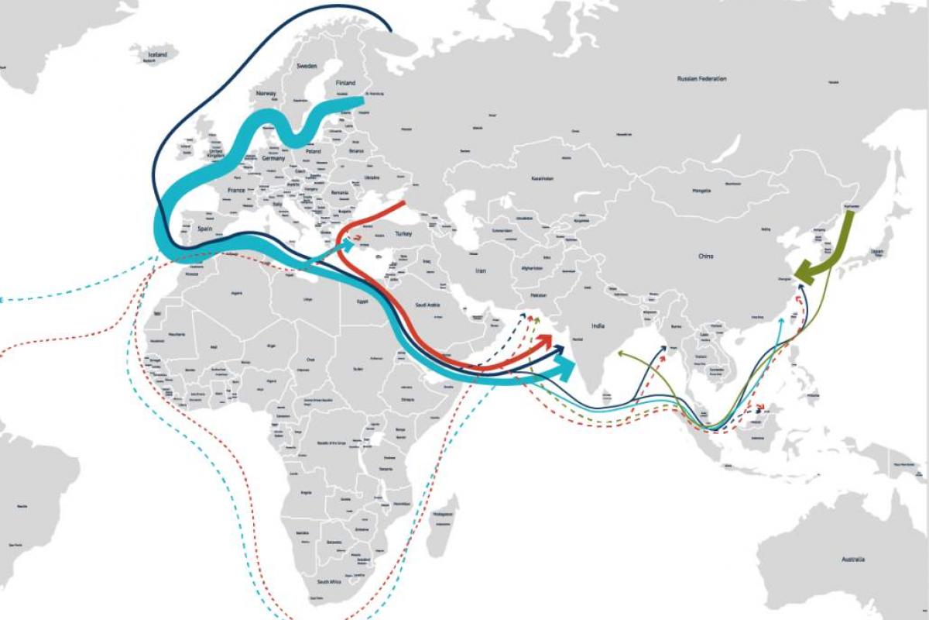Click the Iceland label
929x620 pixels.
[x=158, y=56]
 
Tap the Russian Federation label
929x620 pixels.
[x=701, y=79]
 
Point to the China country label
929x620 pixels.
[x=705, y=256]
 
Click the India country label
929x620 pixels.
[x=598, y=326]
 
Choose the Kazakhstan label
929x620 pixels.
[x=542, y=178]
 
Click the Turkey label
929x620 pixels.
[x=403, y=233]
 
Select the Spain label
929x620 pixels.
[x=204, y=229]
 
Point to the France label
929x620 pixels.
[x=236, y=190]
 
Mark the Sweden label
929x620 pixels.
[x=307, y=67]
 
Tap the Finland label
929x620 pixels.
[x=345, y=83]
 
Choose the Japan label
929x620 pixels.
[x=876, y=251]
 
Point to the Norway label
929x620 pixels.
[x=266, y=94]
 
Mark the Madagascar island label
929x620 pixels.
[x=442, y=514]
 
